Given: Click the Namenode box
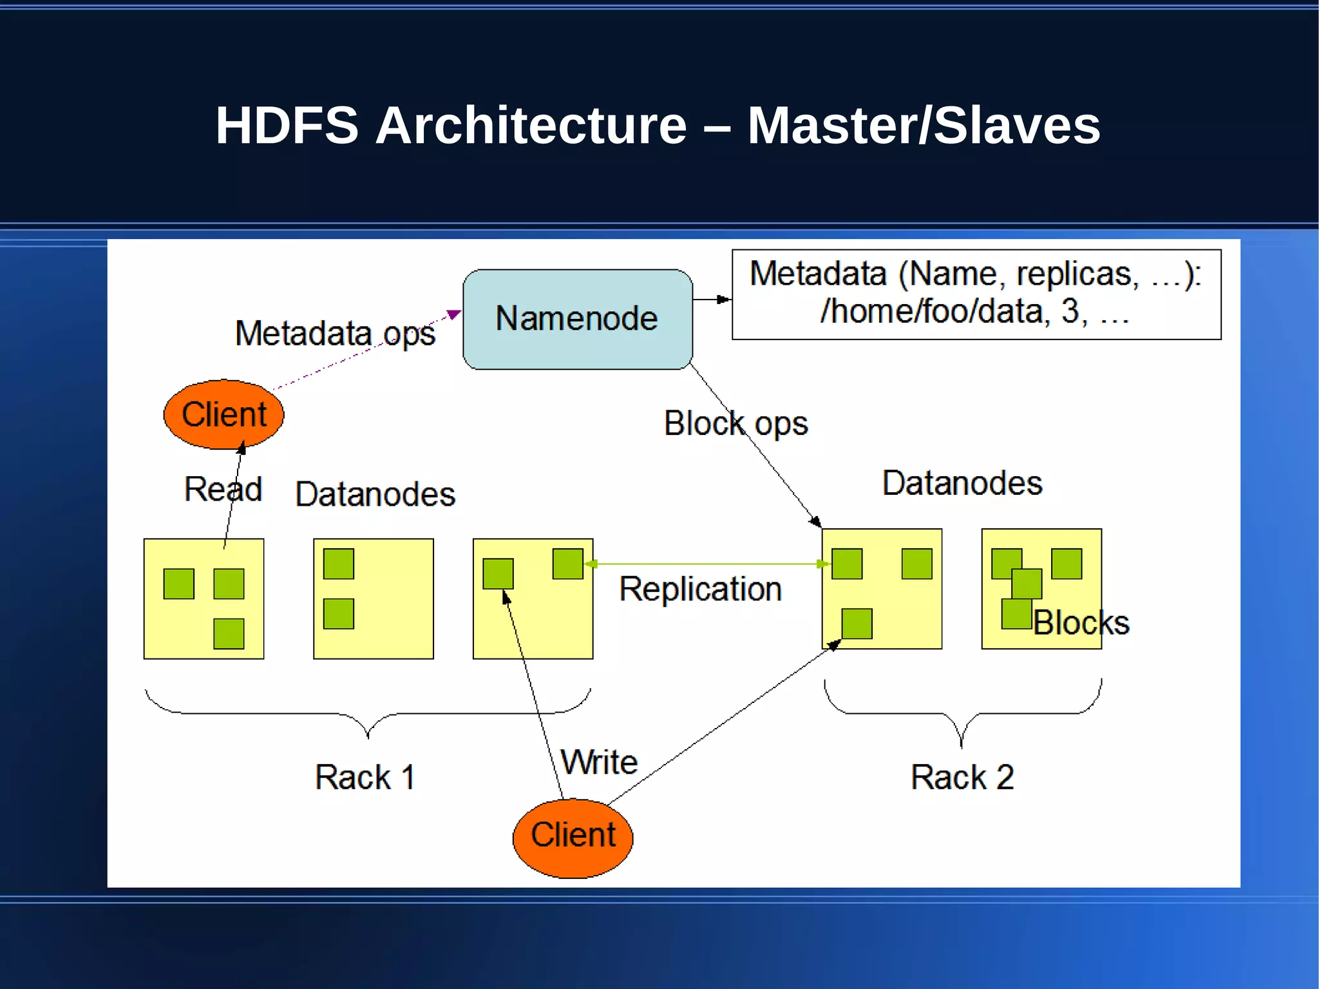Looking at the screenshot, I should click(577, 319).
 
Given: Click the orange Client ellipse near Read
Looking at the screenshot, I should click(223, 414).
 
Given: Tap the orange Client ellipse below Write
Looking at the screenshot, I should click(573, 837).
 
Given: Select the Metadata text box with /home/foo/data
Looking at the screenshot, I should click(976, 294).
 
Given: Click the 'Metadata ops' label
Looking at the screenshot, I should click(334, 334).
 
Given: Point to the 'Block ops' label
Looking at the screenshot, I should click(735, 424).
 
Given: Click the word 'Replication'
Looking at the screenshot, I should click(700, 589).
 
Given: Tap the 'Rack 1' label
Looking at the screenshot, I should click(365, 777).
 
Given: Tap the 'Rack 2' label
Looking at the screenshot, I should click(962, 777).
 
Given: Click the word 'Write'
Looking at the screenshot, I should click(599, 762).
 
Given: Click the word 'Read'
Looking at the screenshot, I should click(223, 489).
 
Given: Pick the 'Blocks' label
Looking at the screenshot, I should click(1081, 623).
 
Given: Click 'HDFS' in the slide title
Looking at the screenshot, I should click(287, 126).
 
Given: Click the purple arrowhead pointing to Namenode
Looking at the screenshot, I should click(454, 314).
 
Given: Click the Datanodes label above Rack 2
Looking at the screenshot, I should click(962, 483).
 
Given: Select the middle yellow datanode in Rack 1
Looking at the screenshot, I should click(374, 599).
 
